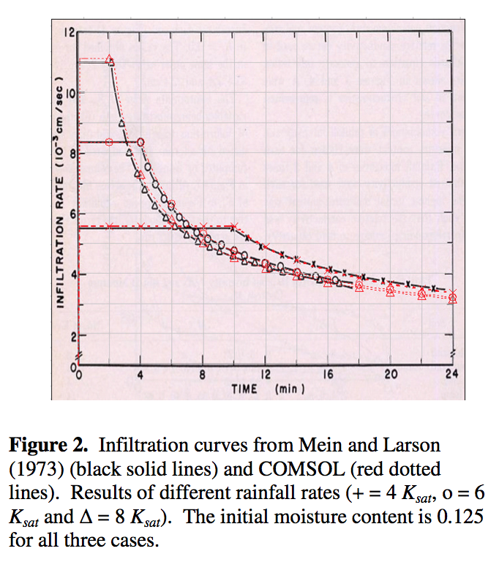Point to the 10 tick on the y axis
[70, 93]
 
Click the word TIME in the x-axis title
[244, 389]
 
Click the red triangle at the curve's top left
[110, 59]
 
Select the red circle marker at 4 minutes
[140, 142]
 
